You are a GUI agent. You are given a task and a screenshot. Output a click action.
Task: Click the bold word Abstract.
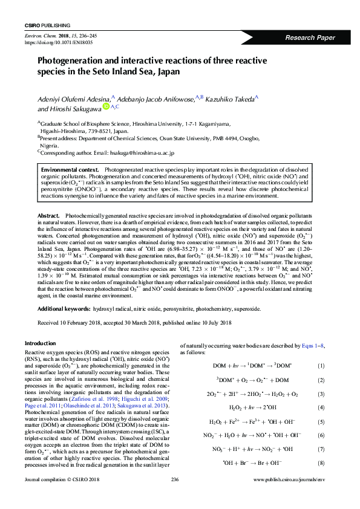coord(48,216)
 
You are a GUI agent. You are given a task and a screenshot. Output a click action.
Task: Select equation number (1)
coord(321,366)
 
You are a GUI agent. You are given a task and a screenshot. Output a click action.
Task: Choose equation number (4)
coord(321,407)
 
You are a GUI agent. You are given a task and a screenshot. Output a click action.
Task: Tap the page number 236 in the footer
coord(176,496)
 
